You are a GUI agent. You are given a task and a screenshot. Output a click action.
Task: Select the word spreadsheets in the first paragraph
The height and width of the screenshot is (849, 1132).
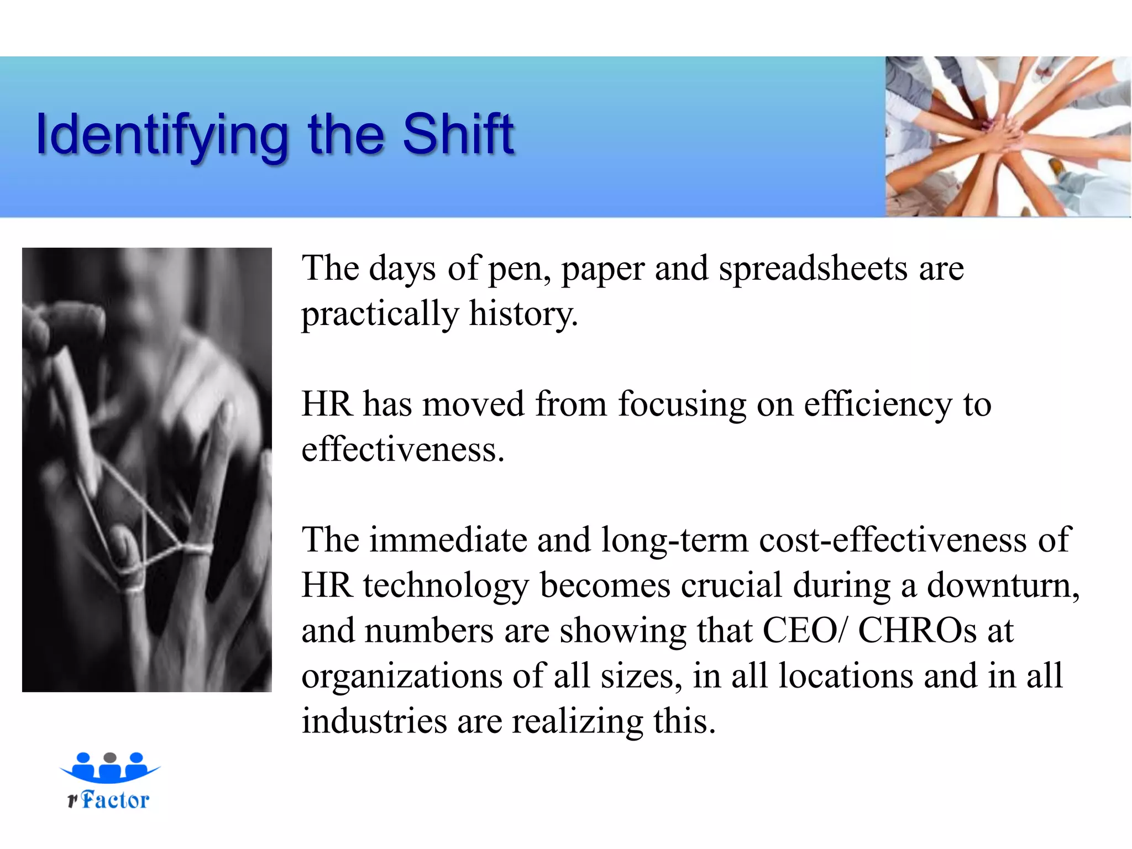pyautogui.click(x=813, y=269)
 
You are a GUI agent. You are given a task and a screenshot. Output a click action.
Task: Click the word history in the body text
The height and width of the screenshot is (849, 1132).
pyautogui.click(x=522, y=314)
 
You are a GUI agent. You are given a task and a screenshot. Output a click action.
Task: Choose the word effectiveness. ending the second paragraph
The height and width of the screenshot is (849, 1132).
pyautogui.click(x=403, y=449)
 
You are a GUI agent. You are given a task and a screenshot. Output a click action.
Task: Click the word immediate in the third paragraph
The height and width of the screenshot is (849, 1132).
pyautogui.click(x=448, y=540)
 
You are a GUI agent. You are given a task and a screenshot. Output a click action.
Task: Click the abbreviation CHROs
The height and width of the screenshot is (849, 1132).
pyautogui.click(x=918, y=631)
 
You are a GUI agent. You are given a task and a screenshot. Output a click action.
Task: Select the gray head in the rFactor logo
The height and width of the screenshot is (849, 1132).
pyautogui.click(x=110, y=757)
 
